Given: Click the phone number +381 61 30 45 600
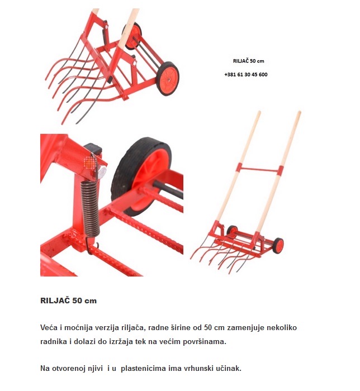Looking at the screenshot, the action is (x=246, y=74).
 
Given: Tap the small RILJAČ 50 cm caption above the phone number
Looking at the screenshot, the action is (x=249, y=61).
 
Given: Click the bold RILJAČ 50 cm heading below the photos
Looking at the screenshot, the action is (x=68, y=301).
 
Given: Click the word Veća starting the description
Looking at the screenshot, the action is (x=49, y=327).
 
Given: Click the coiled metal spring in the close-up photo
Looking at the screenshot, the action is (x=91, y=208).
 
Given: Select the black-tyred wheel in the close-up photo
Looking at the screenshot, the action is (x=141, y=174).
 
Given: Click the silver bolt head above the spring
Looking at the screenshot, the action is (x=102, y=171).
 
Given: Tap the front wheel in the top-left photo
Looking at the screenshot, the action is (x=167, y=79).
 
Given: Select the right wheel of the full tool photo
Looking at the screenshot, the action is (x=278, y=246).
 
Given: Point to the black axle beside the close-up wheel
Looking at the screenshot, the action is (x=168, y=190).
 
